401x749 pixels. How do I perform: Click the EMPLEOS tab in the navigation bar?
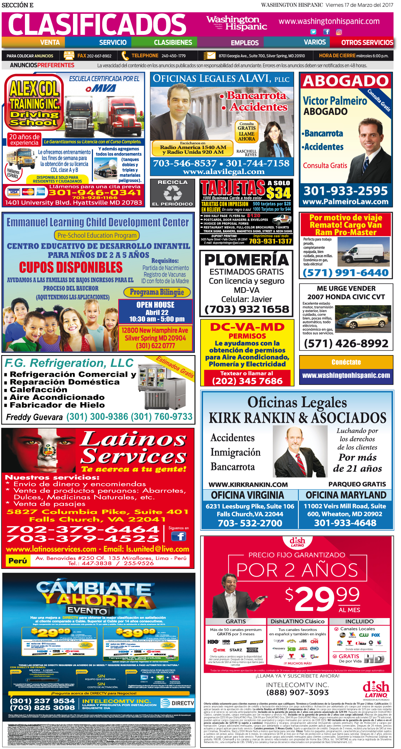click(245, 43)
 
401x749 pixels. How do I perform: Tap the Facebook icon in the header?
click(326, 32)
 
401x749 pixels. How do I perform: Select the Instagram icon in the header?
click(339, 32)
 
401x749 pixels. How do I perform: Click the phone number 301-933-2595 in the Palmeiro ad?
click(345, 191)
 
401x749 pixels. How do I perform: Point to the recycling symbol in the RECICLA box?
click(172, 193)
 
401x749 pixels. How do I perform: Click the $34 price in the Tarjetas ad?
click(278, 193)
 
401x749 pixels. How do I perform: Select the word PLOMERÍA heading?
click(246, 260)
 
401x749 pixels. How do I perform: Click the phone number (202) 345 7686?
click(247, 381)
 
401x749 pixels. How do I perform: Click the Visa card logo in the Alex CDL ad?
click(14, 192)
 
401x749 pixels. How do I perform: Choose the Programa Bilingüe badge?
click(157, 292)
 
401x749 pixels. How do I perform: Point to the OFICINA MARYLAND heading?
click(346, 495)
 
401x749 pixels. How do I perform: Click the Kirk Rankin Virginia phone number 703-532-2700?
click(250, 523)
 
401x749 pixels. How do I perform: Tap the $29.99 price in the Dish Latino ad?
click(322, 598)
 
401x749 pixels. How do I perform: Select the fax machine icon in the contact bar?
click(69, 56)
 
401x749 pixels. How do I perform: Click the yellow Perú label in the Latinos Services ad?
click(18, 561)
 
